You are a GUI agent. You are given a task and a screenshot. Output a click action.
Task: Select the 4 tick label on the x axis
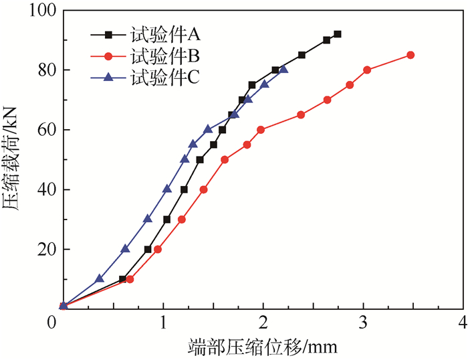click(463, 322)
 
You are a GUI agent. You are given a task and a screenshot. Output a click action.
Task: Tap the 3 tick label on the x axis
click(363, 322)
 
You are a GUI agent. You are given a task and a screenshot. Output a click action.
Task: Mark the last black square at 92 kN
click(338, 34)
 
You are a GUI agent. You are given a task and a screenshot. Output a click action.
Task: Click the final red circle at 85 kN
click(411, 55)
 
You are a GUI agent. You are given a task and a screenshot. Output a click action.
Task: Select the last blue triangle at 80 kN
click(283, 70)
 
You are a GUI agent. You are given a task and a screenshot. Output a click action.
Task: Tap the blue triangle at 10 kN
click(100, 278)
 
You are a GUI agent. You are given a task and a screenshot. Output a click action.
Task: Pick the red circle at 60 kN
click(261, 130)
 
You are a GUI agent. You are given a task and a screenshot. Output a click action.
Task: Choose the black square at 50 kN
click(200, 159)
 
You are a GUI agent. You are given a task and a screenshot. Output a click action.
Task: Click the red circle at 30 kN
click(182, 219)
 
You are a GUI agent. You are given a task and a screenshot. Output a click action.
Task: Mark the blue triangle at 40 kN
click(167, 189)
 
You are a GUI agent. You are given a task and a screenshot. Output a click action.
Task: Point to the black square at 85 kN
click(302, 55)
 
